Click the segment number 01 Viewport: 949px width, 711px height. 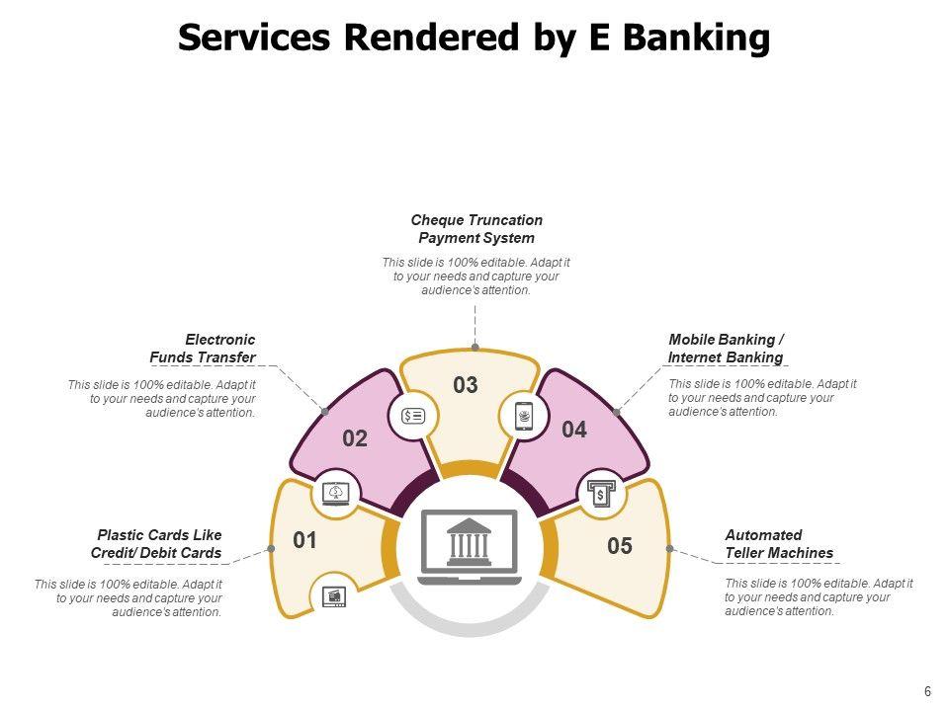click(x=304, y=540)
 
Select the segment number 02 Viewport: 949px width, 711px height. click(x=355, y=439)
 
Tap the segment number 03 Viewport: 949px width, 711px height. click(x=466, y=385)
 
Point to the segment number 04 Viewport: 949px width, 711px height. click(x=574, y=430)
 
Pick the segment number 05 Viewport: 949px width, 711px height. click(x=620, y=546)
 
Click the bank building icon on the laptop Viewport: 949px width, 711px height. click(x=470, y=541)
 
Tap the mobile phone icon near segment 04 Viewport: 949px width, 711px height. click(x=524, y=416)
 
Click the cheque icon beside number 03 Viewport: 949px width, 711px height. click(x=413, y=416)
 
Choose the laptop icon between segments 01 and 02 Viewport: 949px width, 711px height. click(x=337, y=493)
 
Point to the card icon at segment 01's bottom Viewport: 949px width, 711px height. click(x=334, y=596)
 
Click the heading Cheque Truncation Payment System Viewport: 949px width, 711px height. click(x=476, y=229)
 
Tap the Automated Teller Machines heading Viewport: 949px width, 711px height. click(x=779, y=544)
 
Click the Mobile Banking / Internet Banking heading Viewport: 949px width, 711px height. click(x=726, y=349)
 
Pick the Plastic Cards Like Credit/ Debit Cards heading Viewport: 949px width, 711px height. click(x=157, y=544)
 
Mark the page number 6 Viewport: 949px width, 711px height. click(x=927, y=691)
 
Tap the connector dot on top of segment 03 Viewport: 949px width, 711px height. click(x=475, y=348)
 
